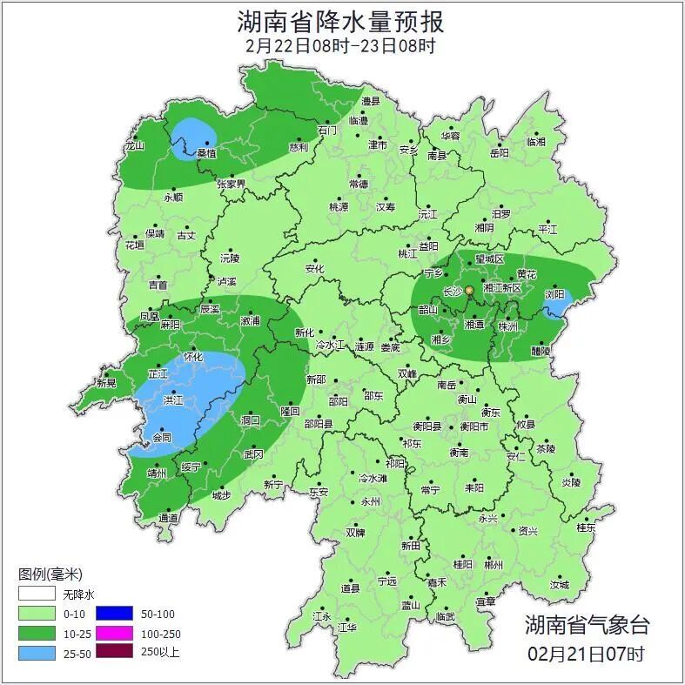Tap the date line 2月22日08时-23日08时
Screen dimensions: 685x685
pyautogui.click(x=340, y=45)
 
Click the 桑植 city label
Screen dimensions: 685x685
pyautogui.click(x=206, y=153)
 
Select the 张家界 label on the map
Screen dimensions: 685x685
pyautogui.click(x=232, y=185)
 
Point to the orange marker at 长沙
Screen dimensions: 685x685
pyautogui.click(x=469, y=290)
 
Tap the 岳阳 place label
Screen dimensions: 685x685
pyautogui.click(x=499, y=153)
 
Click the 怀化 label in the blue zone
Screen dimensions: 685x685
pyautogui.click(x=193, y=357)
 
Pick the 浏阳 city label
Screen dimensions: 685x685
pyautogui.click(x=554, y=295)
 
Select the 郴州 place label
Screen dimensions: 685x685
pyautogui.click(x=494, y=565)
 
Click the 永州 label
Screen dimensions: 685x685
pyautogui.click(x=371, y=502)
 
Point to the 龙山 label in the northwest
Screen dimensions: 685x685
pyautogui.click(x=134, y=146)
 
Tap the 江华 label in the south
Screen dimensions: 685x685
pyautogui.click(x=347, y=627)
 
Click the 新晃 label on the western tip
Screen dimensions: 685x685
pyautogui.click(x=106, y=383)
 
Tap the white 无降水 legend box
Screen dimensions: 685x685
pyautogui.click(x=36, y=594)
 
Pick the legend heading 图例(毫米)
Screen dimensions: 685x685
pyautogui.click(x=50, y=574)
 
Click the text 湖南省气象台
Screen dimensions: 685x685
pyautogui.click(x=587, y=625)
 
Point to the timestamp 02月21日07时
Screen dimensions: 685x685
pyautogui.click(x=587, y=653)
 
